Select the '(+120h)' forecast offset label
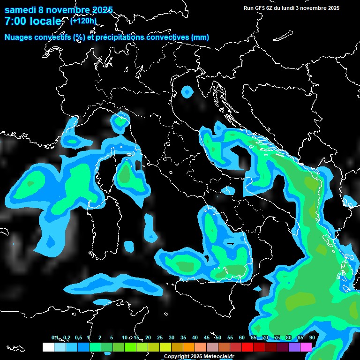tap(83, 21)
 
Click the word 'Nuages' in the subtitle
tap(18, 37)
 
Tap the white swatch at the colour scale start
tap(48, 347)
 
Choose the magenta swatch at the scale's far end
tap(306, 347)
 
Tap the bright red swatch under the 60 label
tap(247, 347)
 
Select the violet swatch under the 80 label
tap(294, 347)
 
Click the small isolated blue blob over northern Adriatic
tap(187, 92)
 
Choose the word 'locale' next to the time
tap(45, 22)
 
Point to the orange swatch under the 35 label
tap(189, 347)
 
